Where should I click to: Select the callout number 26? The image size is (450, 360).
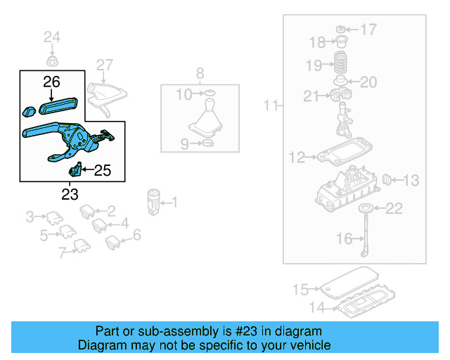click(x=52, y=82)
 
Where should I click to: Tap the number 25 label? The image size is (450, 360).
click(x=102, y=169)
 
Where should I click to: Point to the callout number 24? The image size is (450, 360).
click(x=53, y=37)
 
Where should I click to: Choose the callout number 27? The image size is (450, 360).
click(x=105, y=66)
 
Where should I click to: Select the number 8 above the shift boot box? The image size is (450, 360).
click(x=200, y=72)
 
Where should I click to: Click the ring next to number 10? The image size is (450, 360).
click(x=209, y=94)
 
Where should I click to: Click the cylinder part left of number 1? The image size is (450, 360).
click(x=155, y=201)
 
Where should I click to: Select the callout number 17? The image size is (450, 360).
click(x=368, y=30)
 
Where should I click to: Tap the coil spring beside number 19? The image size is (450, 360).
click(x=340, y=63)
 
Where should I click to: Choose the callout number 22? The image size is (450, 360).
click(x=394, y=208)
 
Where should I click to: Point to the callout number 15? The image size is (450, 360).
click(x=301, y=289)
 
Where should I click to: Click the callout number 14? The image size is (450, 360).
click(x=319, y=307)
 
